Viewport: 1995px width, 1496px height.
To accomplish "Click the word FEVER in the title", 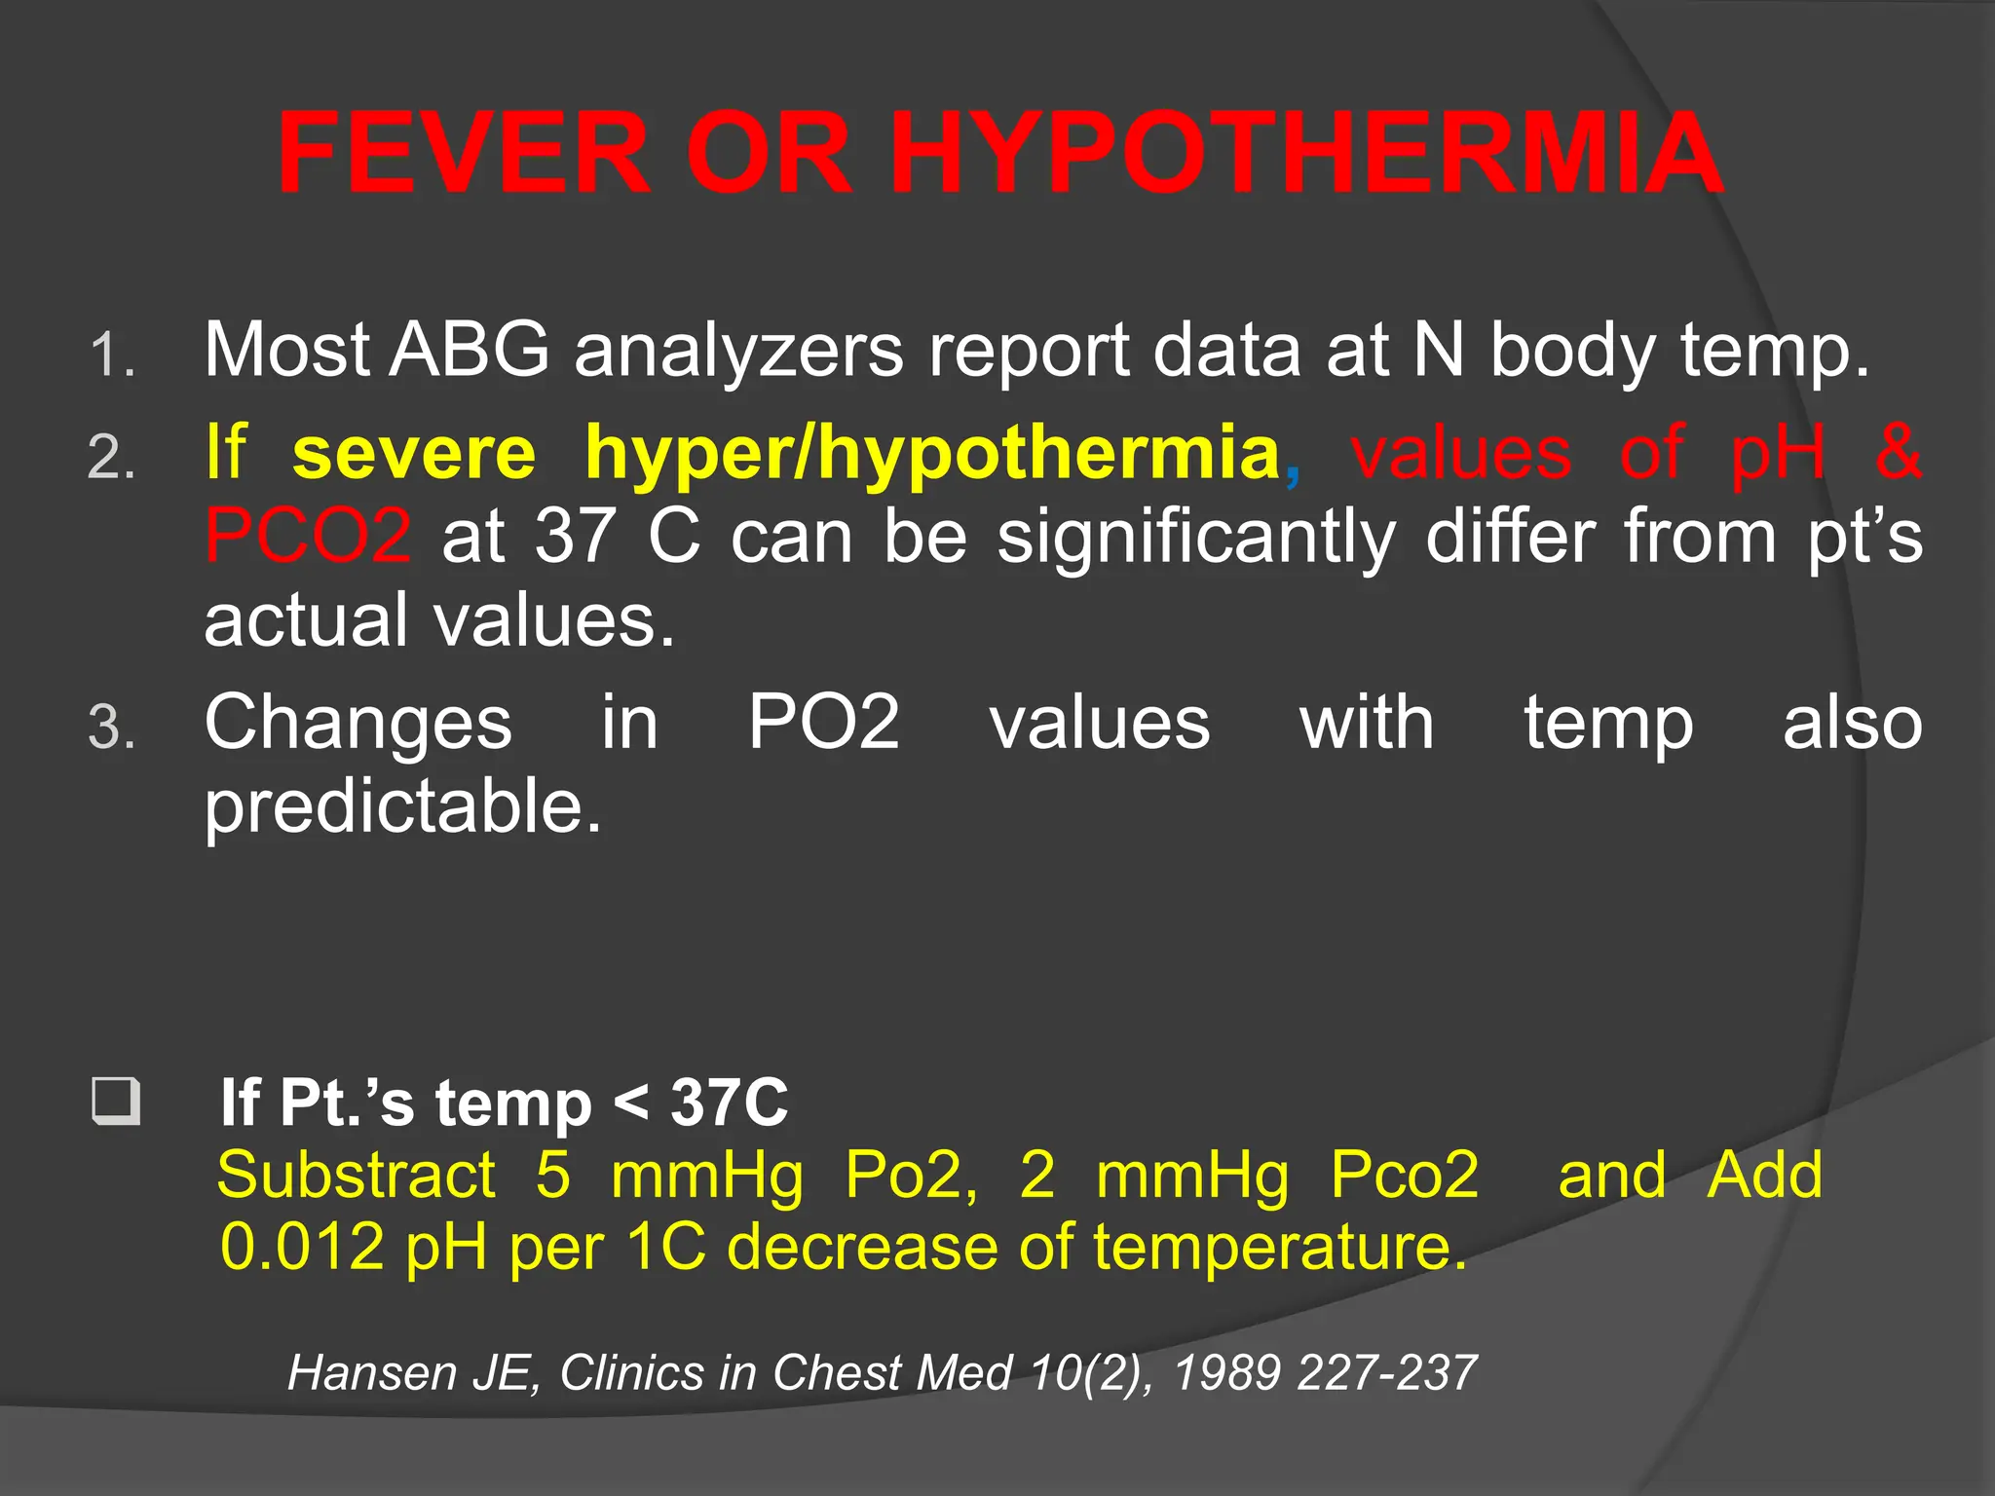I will [464, 154].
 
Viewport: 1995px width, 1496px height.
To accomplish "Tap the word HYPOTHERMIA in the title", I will [1306, 154].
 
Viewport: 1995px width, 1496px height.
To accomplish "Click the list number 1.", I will [110, 355].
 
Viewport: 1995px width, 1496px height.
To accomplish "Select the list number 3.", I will [110, 729].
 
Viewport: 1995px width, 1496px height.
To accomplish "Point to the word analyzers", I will [739, 351].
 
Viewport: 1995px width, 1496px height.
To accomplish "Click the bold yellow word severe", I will [414, 453].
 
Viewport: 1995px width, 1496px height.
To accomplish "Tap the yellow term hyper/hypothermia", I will [932, 455].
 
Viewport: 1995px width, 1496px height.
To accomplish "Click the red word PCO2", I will [308, 536].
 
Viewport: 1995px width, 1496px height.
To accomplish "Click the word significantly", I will [1197, 538].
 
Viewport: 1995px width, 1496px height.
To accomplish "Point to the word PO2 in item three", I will [824, 723].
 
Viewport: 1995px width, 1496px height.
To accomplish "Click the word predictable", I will [403, 808].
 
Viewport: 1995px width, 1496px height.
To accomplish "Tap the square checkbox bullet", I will [116, 1102].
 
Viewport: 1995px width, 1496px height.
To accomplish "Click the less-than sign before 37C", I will [631, 1103].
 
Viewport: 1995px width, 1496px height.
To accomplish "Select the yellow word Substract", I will [357, 1175].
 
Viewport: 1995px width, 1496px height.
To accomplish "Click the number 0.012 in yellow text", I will [302, 1247].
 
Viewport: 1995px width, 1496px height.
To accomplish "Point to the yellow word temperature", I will [1280, 1247].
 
